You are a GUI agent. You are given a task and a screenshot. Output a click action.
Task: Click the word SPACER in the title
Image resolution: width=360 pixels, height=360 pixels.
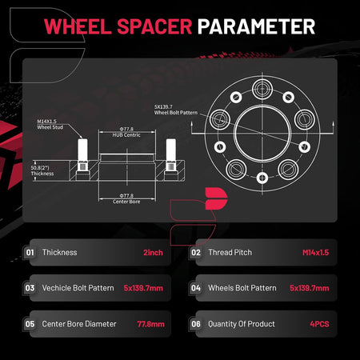point(154,26)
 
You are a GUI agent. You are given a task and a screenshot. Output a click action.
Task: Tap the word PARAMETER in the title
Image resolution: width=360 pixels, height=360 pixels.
point(256,26)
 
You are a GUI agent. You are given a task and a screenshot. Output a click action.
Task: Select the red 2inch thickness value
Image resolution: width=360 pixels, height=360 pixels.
point(153,253)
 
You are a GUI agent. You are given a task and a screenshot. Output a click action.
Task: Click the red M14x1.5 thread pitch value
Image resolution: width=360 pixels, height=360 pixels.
point(315,253)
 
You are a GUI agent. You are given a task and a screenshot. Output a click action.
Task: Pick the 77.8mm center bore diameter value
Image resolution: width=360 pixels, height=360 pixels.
point(150,324)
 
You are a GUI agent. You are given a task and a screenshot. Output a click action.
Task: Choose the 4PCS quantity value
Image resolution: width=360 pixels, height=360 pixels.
point(319,324)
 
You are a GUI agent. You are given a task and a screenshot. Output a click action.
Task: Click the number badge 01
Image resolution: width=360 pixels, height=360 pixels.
point(30,253)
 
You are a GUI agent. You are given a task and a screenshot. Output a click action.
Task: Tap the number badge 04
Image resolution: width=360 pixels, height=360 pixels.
point(196,288)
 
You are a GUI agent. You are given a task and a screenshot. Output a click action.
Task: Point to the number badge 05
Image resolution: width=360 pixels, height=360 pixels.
point(30,324)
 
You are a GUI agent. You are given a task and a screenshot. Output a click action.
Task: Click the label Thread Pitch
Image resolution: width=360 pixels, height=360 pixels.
point(230,252)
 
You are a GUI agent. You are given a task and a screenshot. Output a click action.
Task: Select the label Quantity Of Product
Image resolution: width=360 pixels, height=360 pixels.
point(242,324)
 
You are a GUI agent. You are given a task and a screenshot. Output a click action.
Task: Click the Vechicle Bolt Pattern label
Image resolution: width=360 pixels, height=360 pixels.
point(78,288)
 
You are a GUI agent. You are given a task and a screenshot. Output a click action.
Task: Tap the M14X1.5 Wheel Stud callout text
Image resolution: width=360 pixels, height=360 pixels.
point(50,124)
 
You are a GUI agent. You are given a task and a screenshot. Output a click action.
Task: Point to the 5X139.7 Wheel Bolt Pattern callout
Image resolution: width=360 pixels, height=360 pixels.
point(176,110)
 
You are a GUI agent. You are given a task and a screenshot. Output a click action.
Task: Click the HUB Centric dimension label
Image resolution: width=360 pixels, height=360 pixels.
point(126,132)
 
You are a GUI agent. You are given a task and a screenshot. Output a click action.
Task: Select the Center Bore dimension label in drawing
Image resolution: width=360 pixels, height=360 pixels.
point(126,199)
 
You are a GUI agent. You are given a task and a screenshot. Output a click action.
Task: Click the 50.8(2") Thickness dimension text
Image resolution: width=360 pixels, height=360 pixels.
point(42,170)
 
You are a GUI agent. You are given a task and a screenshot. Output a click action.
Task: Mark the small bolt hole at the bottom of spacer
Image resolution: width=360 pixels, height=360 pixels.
point(262,178)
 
